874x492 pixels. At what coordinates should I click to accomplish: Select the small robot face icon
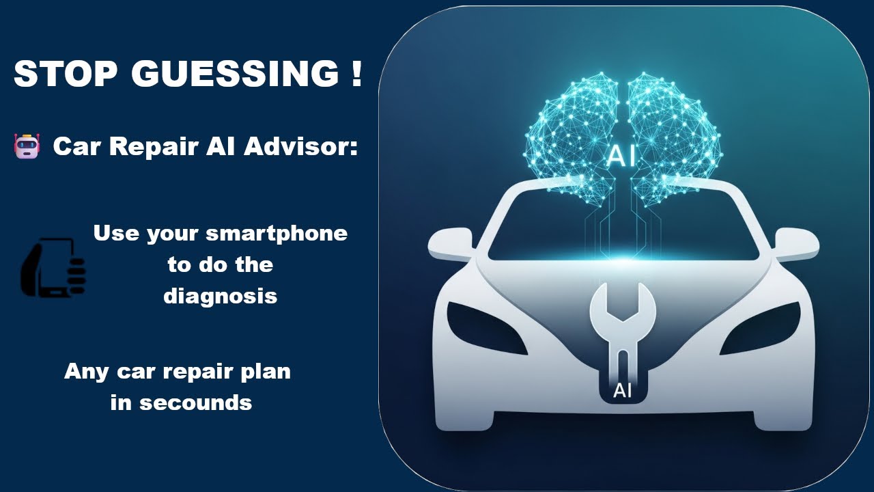point(27,146)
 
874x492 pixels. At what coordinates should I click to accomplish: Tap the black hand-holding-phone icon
point(53,268)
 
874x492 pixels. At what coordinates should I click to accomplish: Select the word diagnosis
point(220,297)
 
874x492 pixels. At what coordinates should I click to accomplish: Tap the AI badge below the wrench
point(622,391)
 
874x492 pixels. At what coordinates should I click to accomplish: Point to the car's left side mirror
point(450,243)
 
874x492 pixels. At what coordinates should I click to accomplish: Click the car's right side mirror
point(795,243)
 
